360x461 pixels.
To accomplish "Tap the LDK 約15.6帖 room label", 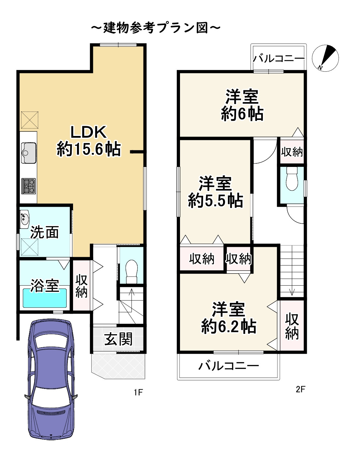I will (x=89, y=141).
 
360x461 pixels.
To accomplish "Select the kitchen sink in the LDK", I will (x=29, y=153).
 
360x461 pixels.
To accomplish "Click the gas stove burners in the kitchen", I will (x=28, y=186).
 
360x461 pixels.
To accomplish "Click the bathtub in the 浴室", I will (x=44, y=298).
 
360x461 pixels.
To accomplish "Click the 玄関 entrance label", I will (x=118, y=339).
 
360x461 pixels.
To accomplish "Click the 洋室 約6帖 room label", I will (x=242, y=105).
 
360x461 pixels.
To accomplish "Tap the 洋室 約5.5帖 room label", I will (x=216, y=192).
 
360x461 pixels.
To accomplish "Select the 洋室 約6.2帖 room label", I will (x=229, y=318).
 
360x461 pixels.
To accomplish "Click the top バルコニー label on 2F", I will (x=278, y=59).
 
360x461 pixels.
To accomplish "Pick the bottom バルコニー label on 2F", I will (x=229, y=366).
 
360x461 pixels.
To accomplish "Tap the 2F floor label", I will (x=300, y=389).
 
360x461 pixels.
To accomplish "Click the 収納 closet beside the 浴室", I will (x=81, y=286).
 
